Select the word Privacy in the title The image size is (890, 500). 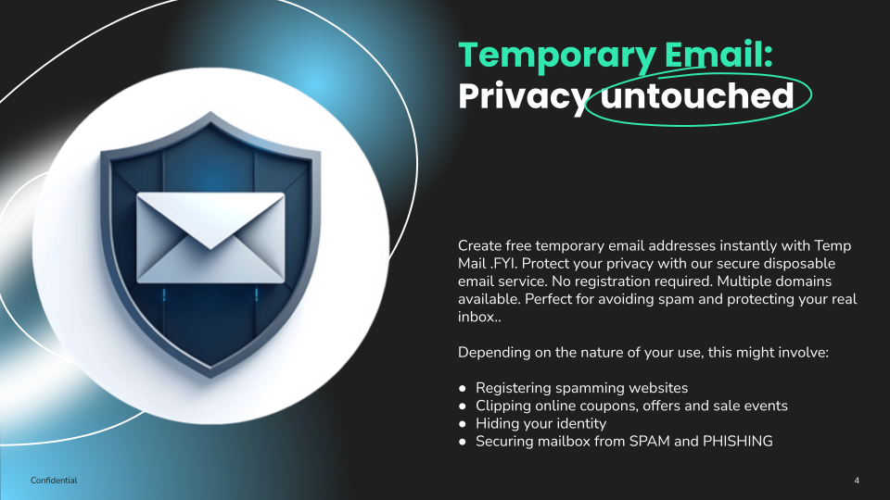click(523, 95)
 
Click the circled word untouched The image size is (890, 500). click(697, 95)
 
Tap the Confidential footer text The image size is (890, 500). click(54, 481)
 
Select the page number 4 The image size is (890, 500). click(857, 481)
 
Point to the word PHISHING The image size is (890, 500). click(738, 442)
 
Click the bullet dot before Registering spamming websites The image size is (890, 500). click(463, 388)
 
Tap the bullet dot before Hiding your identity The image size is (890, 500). click(463, 424)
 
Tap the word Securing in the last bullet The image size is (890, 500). click(505, 442)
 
